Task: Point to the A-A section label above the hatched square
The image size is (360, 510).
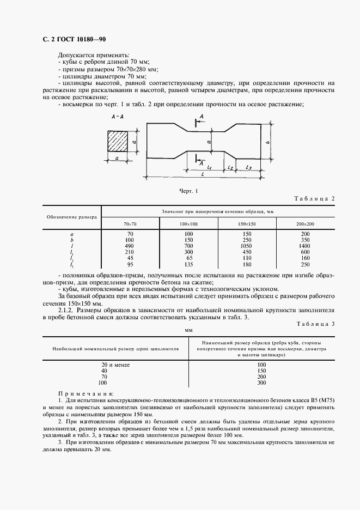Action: (x=117, y=117)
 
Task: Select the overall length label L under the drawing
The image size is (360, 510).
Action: (x=203, y=173)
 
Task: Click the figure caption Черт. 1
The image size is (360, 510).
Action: (x=189, y=191)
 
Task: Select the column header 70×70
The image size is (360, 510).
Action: (x=131, y=224)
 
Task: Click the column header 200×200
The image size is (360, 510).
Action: (x=306, y=224)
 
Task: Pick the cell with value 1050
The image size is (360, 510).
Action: (x=247, y=246)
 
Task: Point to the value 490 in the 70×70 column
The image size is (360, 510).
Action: (x=131, y=246)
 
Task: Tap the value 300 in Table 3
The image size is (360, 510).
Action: (x=261, y=382)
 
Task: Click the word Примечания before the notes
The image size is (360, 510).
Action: (x=86, y=393)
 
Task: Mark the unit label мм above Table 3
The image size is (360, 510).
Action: (x=189, y=330)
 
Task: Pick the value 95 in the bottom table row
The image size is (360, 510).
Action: (x=131, y=264)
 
